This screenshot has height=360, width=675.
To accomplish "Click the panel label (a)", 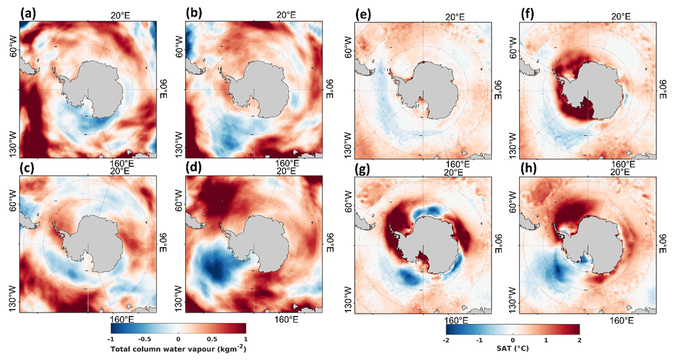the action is [x=28, y=13].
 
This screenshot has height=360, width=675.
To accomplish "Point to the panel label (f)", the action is [x=527, y=14].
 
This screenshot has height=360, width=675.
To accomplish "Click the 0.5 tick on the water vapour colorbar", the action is [x=212, y=339].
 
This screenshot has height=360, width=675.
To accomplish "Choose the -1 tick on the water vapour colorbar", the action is [x=111, y=339].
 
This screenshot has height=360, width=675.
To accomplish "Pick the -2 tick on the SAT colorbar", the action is [x=445, y=340].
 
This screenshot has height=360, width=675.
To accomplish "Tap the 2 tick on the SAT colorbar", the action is [x=579, y=340].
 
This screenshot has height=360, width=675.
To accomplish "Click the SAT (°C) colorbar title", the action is [x=512, y=349].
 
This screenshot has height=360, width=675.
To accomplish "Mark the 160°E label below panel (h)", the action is [x=623, y=321].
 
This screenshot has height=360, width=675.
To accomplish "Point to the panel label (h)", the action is [x=529, y=169].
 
